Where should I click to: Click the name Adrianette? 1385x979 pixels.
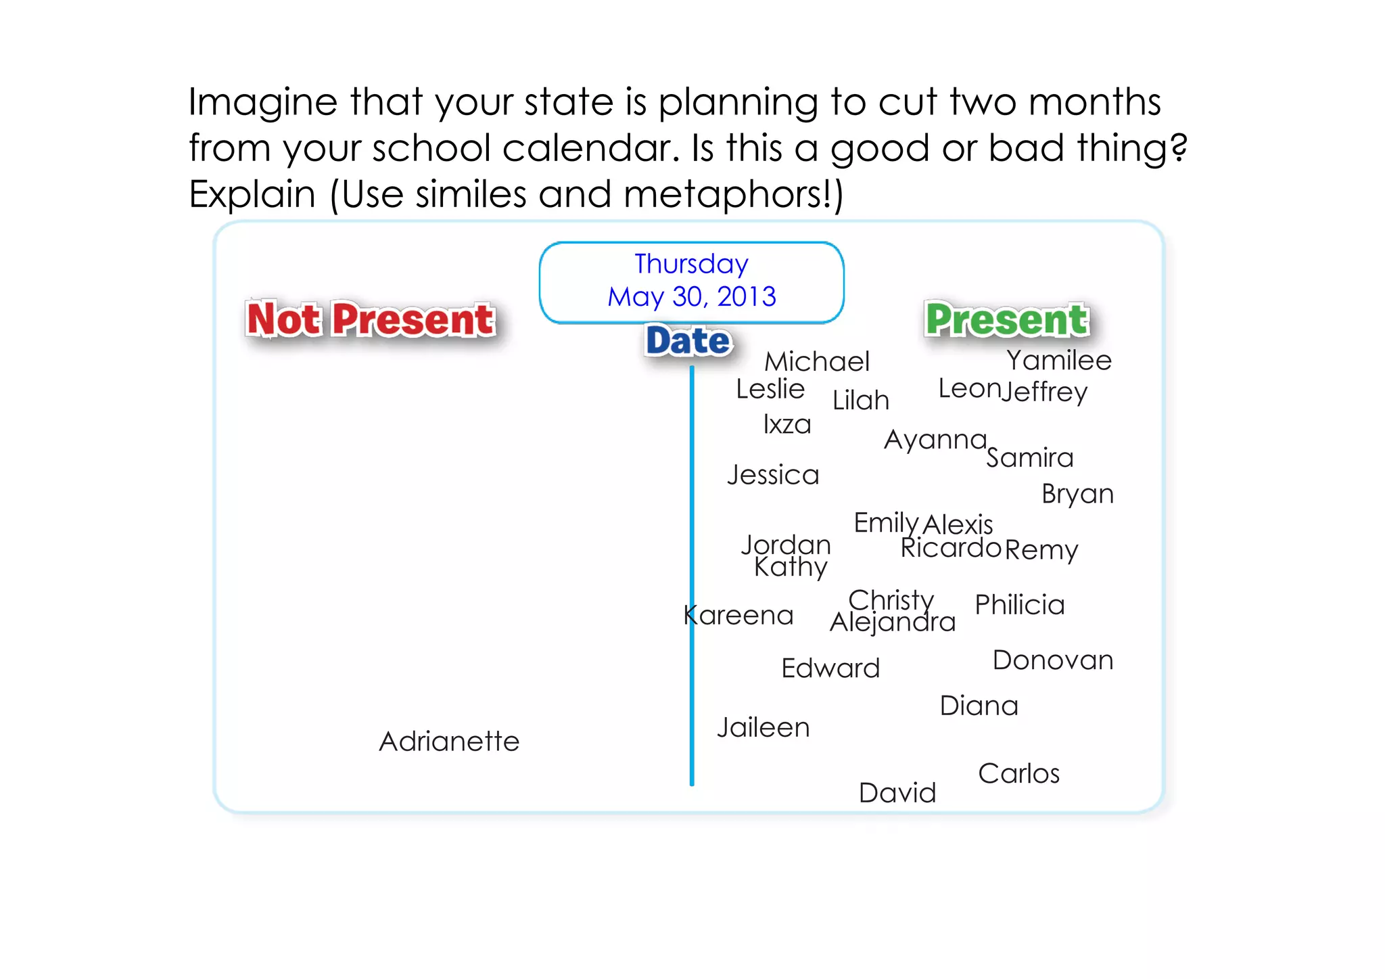449,742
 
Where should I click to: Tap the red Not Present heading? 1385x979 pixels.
371,319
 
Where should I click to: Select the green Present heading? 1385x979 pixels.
1007,319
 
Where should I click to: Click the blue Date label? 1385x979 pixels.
688,340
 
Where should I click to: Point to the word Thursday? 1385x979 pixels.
691,264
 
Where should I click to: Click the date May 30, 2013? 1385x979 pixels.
691,296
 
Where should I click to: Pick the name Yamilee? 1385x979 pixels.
1059,361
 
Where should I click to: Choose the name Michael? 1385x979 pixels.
817,362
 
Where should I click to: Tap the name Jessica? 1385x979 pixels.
773,475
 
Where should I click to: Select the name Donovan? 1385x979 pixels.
1053,660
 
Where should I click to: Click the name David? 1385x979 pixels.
897,793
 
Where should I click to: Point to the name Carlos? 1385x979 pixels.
1019,773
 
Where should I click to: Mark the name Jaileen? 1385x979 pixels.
764,728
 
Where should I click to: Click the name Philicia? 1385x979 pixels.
1020,605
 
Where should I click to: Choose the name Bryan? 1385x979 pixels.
1077,494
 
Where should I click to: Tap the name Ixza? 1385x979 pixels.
787,425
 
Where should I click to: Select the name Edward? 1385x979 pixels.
830,668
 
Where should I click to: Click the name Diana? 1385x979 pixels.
979,706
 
